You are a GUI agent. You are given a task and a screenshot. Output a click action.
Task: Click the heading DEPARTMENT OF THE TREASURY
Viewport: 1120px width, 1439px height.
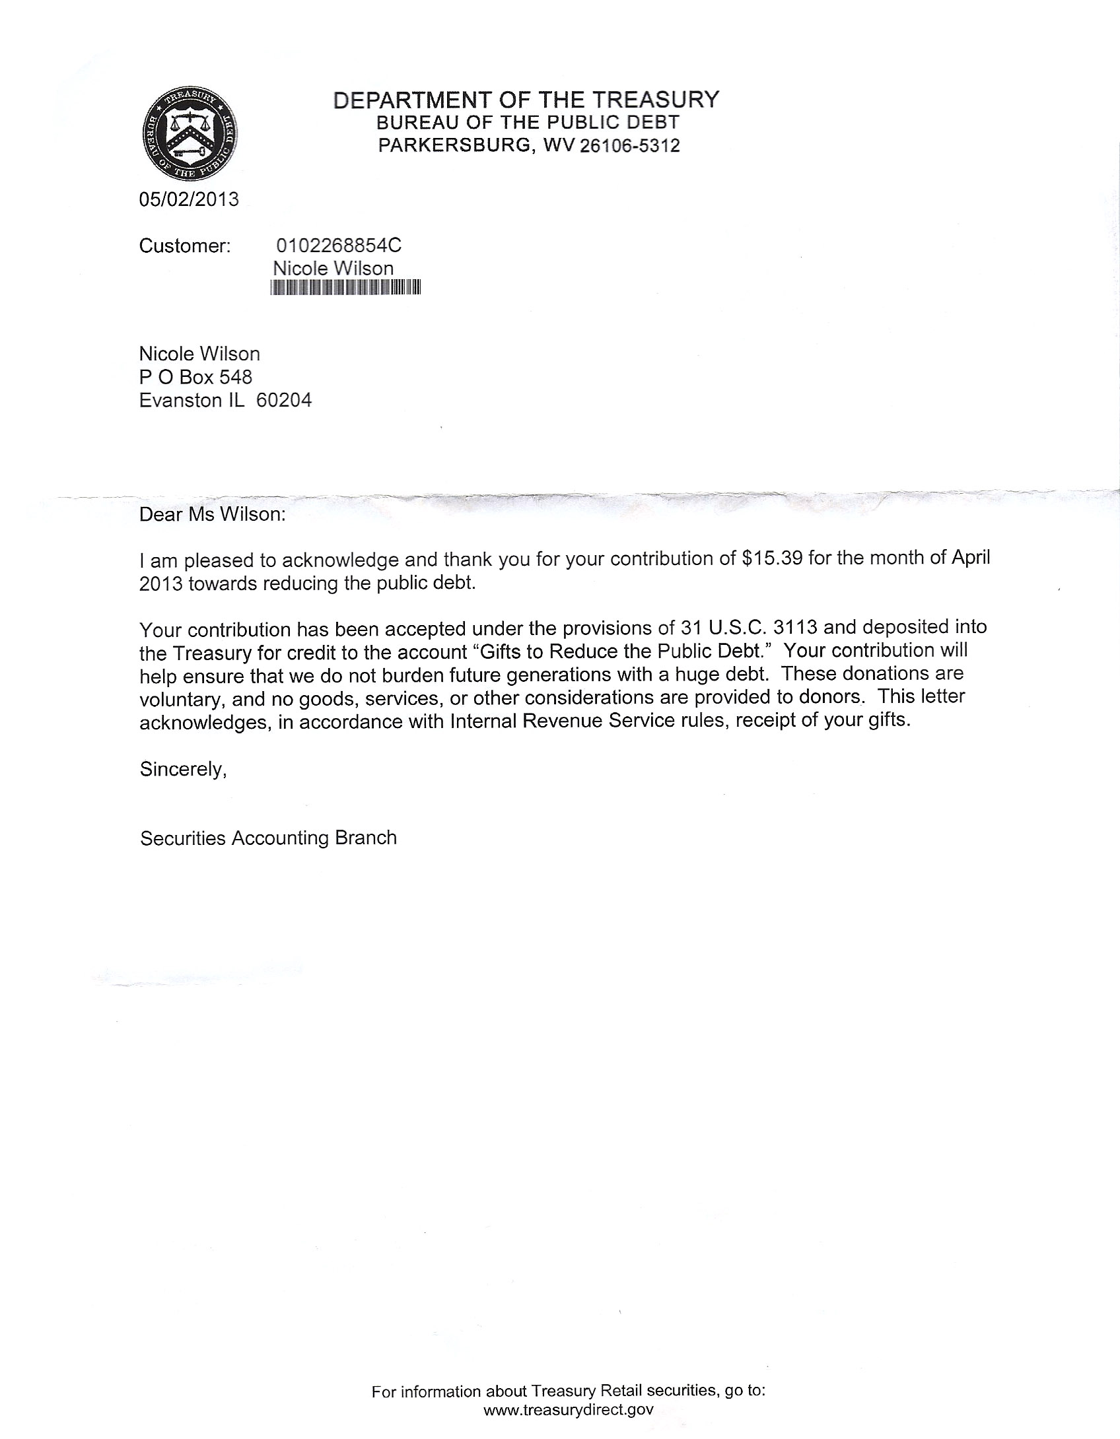[x=526, y=100]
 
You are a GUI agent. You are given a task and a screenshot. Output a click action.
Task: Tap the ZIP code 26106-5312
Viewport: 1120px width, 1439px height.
[x=629, y=146]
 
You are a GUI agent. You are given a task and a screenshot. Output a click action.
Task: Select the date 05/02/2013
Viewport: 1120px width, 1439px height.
[x=189, y=199]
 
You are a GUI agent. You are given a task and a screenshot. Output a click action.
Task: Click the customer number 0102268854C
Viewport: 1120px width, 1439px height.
[x=338, y=246]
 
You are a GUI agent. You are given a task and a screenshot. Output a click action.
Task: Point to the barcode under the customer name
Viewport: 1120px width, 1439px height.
[x=345, y=287]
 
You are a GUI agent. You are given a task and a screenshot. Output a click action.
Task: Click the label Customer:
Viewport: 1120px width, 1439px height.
[x=185, y=246]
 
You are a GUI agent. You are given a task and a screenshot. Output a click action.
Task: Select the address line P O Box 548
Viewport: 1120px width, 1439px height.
[x=195, y=377]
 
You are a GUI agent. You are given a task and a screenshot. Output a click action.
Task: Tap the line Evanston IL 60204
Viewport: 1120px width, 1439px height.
[x=225, y=400]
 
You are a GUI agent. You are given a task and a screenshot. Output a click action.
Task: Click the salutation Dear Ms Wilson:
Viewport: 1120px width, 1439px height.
[x=213, y=514]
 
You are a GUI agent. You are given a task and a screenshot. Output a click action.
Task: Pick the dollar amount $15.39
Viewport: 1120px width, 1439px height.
[x=772, y=558]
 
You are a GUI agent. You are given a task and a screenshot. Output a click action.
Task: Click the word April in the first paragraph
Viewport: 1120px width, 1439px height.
[x=970, y=557]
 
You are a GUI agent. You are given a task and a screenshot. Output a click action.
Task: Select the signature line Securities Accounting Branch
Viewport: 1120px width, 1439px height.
[x=268, y=838]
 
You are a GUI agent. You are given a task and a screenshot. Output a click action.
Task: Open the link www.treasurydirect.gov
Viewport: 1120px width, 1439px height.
[x=569, y=1410]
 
